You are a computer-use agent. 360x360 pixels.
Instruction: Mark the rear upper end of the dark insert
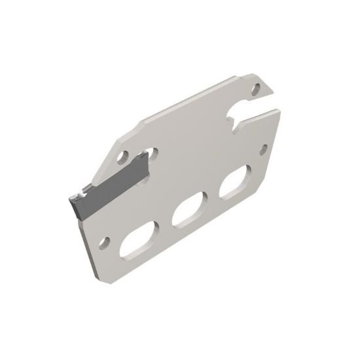[x=145, y=157]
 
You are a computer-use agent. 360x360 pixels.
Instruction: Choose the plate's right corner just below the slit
[x=280, y=113]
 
